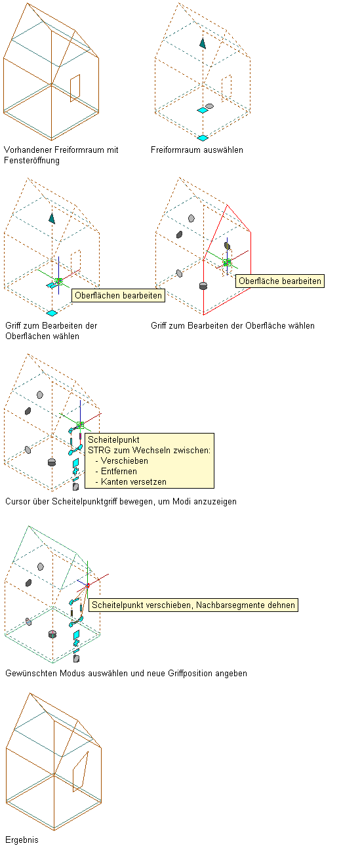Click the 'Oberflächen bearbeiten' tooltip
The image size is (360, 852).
tap(118, 296)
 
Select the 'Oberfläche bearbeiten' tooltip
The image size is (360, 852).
tap(280, 281)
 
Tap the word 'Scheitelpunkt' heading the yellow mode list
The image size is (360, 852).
tap(113, 439)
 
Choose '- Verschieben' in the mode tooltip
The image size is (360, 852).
tap(122, 461)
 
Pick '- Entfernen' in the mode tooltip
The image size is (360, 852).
tap(116, 472)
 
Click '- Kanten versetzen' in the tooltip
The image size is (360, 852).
tap(130, 482)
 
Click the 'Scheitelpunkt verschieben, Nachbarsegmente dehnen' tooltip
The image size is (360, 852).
tap(193, 605)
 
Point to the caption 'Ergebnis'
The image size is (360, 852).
tap(22, 840)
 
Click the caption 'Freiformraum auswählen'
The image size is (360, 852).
tap(197, 150)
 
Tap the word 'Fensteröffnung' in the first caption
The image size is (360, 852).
tap(32, 161)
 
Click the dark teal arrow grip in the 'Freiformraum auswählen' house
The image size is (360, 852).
tap(203, 43)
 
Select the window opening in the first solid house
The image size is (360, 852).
tap(75, 89)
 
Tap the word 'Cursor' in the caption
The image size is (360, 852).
tap(17, 502)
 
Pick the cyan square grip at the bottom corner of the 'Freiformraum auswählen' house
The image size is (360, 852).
tap(203, 138)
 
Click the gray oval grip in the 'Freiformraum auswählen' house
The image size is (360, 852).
tap(209, 106)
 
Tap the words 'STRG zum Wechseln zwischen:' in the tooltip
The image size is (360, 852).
tap(149, 451)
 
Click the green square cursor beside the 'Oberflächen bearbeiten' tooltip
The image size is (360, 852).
tap(58, 281)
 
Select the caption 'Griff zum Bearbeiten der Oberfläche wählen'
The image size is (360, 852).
tap(233, 325)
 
